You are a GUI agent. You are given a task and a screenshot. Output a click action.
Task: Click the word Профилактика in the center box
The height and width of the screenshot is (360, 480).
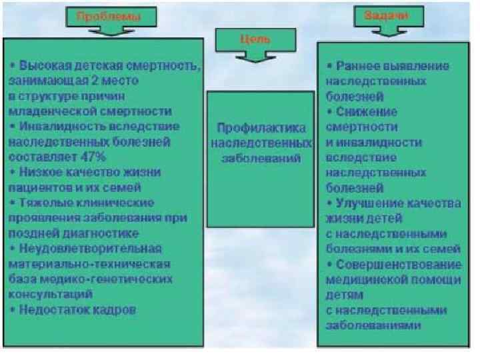pos(260,127)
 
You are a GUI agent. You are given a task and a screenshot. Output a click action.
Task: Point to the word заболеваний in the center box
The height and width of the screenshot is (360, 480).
pos(260,158)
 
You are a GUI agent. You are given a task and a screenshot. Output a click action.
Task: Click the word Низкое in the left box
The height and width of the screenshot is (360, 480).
pos(41,172)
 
